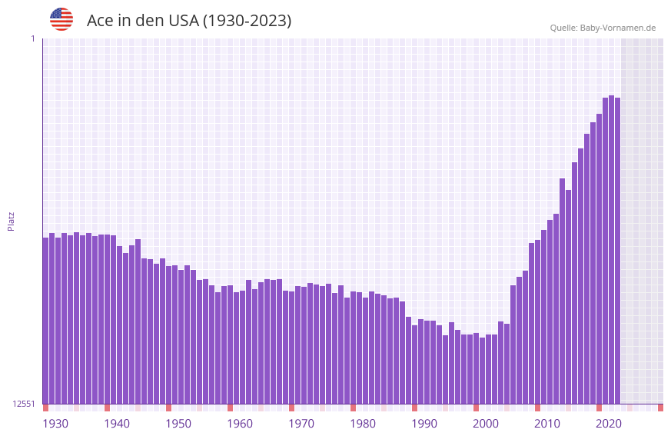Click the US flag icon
(x=61, y=19)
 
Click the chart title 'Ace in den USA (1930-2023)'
(x=189, y=21)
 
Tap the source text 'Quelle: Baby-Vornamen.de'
(x=603, y=28)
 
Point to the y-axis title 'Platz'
(x=11, y=221)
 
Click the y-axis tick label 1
(x=32, y=38)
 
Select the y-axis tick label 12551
(x=23, y=404)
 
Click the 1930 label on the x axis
(x=55, y=424)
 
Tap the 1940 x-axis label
(x=117, y=424)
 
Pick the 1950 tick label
(x=178, y=424)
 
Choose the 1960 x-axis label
(x=240, y=424)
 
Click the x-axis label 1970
(x=301, y=424)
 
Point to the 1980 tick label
(x=363, y=424)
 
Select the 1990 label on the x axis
(x=424, y=424)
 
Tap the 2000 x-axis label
(x=486, y=424)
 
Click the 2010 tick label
(x=547, y=424)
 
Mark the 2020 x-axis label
(x=609, y=424)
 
